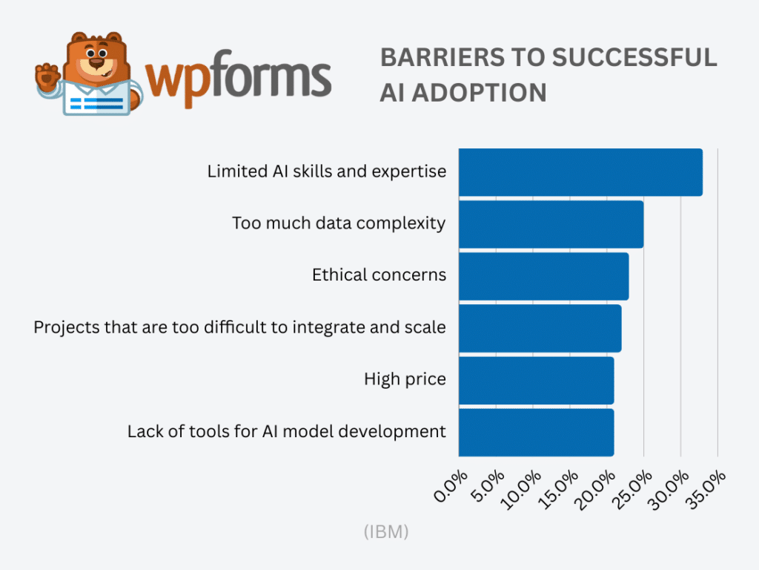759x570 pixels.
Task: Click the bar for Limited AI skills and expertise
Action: point(580,172)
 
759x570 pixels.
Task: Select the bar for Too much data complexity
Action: point(551,224)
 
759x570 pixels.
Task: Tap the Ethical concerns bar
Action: point(543,276)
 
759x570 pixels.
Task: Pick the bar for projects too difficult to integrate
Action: point(540,328)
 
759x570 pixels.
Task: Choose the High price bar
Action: point(536,380)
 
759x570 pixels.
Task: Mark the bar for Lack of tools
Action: point(536,432)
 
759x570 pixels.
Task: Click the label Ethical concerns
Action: point(379,275)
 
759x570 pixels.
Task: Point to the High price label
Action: point(405,379)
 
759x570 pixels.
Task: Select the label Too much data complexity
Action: point(339,223)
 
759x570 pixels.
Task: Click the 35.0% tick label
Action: point(709,486)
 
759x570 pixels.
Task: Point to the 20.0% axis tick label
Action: point(598,486)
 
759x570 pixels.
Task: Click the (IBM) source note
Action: point(386,532)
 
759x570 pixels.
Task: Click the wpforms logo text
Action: point(237,79)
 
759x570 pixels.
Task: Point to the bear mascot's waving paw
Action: point(47,74)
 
